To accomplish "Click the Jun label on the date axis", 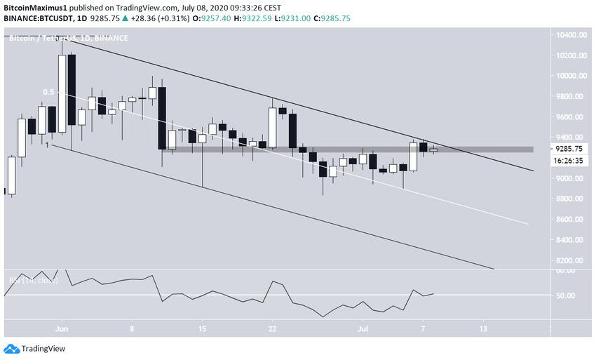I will tap(62, 328).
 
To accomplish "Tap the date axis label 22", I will tap(273, 328).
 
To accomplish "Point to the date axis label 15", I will tap(203, 328).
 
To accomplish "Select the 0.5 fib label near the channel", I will tap(48, 92).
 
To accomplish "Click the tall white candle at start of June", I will tap(62, 94).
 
